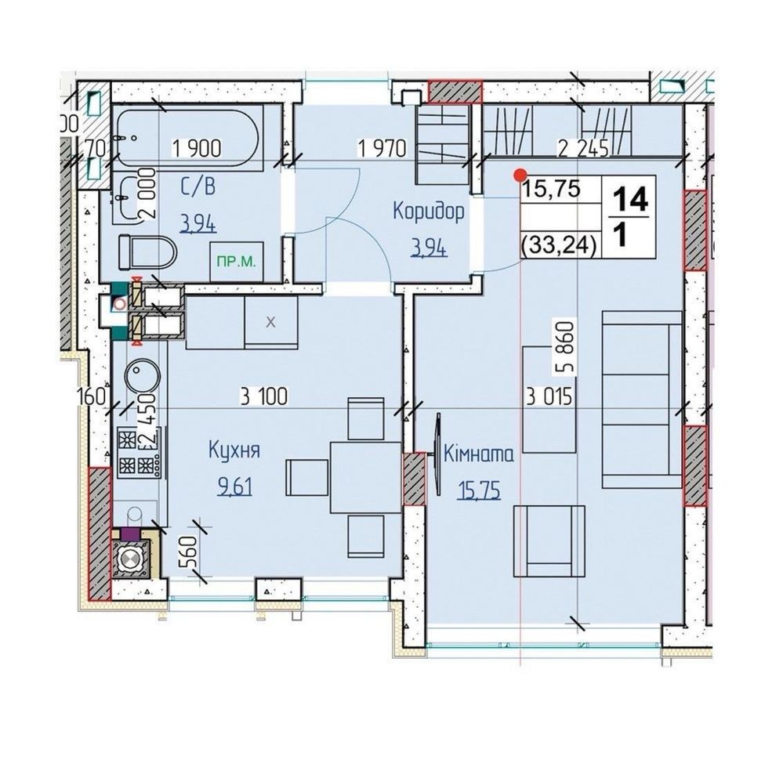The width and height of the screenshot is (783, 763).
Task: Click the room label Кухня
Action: click(x=234, y=450)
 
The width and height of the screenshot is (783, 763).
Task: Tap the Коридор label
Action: click(x=429, y=212)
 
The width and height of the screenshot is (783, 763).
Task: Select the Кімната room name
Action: click(x=479, y=454)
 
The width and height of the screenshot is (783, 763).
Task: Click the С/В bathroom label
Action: click(x=198, y=187)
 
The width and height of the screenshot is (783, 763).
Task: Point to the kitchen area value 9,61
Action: click(x=234, y=486)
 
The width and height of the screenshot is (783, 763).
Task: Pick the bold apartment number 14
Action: click(x=630, y=199)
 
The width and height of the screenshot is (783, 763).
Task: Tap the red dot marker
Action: click(x=520, y=175)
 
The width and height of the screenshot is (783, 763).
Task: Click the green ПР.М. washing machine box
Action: click(x=236, y=262)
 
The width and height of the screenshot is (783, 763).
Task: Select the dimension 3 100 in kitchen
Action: click(x=263, y=396)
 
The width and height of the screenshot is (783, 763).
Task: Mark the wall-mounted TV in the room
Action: click(x=438, y=454)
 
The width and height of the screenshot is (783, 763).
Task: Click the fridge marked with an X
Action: click(x=270, y=323)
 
